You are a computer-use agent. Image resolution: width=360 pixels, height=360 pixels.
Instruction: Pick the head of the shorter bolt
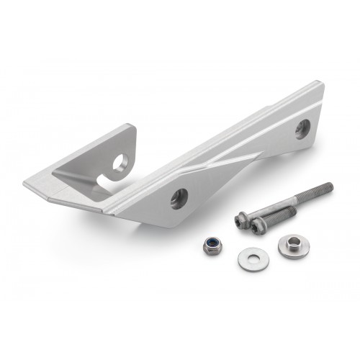click(x=258, y=225)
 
